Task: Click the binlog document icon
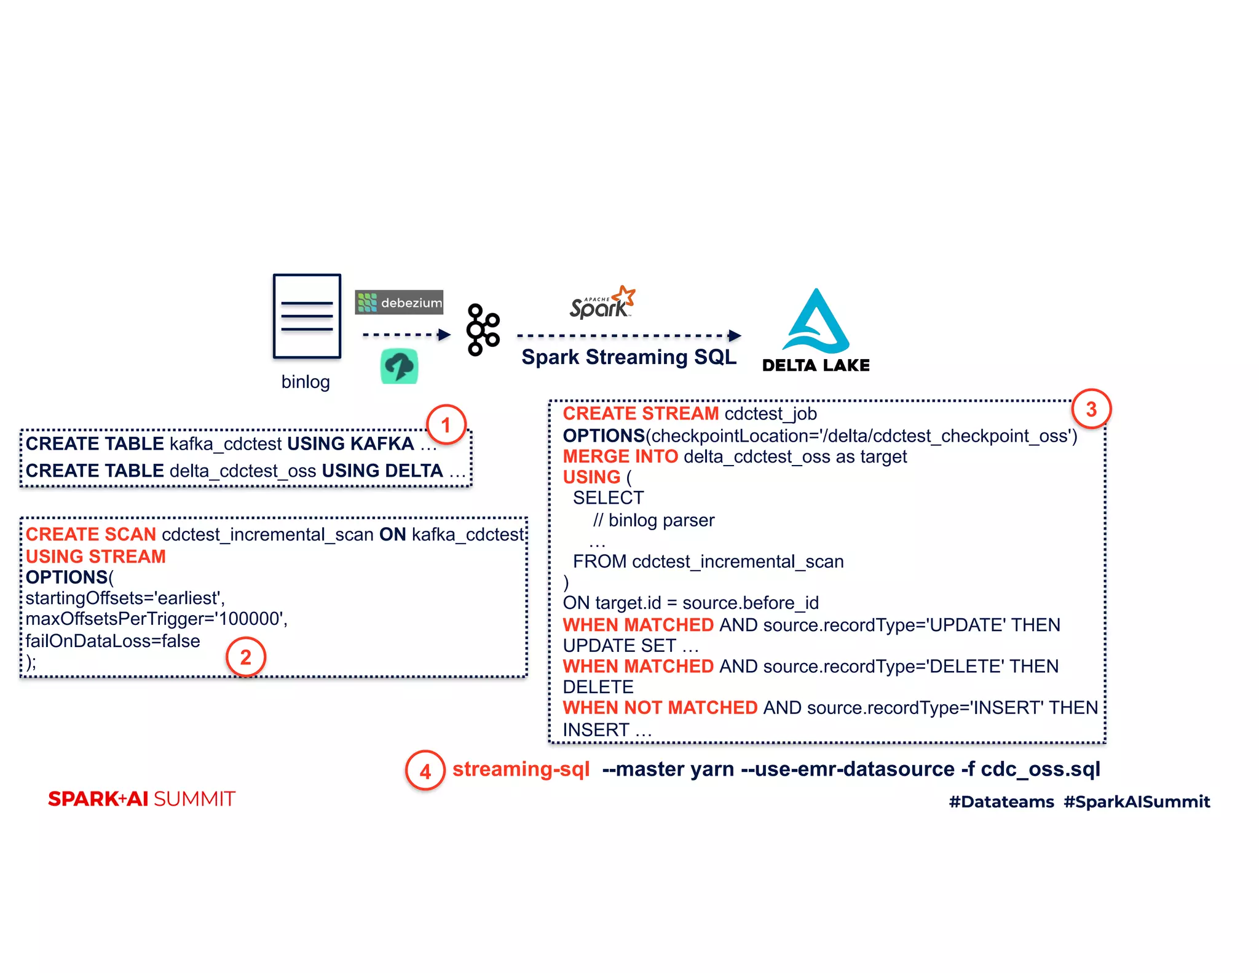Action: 307,316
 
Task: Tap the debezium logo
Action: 399,302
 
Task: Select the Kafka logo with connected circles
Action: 483,330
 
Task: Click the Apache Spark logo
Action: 602,303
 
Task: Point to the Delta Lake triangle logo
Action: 816,322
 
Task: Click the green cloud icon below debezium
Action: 399,367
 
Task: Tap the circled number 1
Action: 446,424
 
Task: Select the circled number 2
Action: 245,657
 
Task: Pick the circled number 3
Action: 1091,409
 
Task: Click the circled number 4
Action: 425,771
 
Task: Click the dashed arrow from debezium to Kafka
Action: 406,335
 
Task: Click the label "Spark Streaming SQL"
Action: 628,357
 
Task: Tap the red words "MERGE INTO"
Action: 620,456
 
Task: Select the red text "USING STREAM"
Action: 96,556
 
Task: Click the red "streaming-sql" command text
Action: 521,769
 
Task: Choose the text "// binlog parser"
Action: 653,520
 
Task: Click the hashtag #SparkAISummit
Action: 1137,801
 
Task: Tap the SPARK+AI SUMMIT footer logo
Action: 141,799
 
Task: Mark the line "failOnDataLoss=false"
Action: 112,641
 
